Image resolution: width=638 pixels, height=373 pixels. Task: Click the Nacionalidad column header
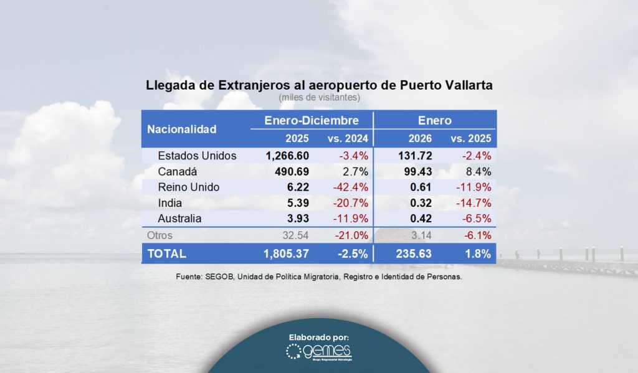[182, 130]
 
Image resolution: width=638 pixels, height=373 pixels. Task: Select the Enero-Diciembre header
[312, 120]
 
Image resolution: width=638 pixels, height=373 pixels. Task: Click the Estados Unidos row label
[197, 156]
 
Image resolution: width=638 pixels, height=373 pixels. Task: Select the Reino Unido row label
[189, 187]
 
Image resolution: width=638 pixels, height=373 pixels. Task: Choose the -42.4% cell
[353, 187]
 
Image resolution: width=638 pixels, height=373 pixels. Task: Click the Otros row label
[159, 235]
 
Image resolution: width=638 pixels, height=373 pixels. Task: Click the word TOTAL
[166, 253]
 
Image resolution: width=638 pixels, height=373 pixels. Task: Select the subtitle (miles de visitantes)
[319, 97]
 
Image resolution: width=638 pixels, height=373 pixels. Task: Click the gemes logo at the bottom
[318, 352]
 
